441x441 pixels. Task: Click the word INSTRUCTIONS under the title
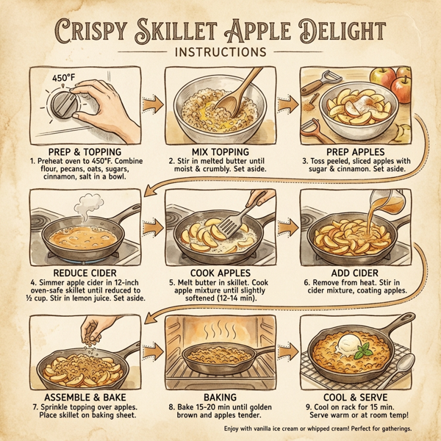pyautogui.click(x=220, y=53)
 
